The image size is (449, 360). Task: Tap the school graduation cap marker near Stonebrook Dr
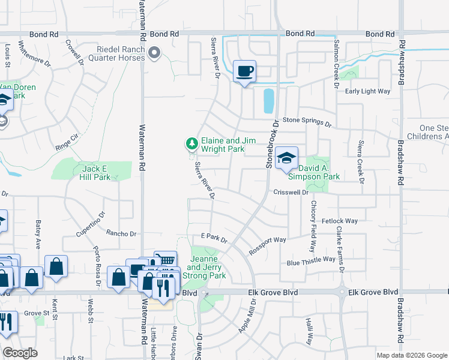point(287,158)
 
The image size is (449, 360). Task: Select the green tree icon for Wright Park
point(191,143)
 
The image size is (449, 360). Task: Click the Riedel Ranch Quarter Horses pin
point(155,53)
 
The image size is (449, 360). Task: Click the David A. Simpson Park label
point(315,172)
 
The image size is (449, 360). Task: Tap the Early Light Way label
point(367,91)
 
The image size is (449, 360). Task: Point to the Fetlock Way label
point(339,221)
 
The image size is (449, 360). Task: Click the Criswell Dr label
point(291,193)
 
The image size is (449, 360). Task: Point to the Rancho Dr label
point(122,233)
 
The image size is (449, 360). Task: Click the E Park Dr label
point(214,239)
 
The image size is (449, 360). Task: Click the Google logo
point(20,353)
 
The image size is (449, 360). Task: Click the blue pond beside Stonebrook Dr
point(268,101)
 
